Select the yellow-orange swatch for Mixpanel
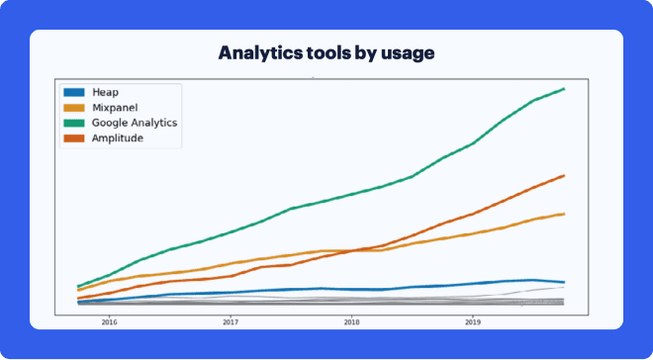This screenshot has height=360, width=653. point(74,107)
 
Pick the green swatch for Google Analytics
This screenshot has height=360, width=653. point(74,123)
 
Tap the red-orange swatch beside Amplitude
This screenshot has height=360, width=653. point(74,138)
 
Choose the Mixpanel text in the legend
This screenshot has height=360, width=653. point(114,107)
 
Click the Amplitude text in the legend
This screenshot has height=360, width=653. point(117,138)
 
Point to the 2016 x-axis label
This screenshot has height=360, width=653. point(109,321)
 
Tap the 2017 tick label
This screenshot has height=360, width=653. point(230,321)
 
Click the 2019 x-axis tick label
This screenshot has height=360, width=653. point(473,321)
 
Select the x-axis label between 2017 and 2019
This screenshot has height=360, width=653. point(351,321)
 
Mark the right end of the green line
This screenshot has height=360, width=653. point(564,88)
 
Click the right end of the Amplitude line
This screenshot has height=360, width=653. point(564,175)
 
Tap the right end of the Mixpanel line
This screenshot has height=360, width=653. point(564,214)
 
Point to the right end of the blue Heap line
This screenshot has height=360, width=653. point(564,282)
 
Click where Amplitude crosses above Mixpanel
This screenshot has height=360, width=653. point(349,251)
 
